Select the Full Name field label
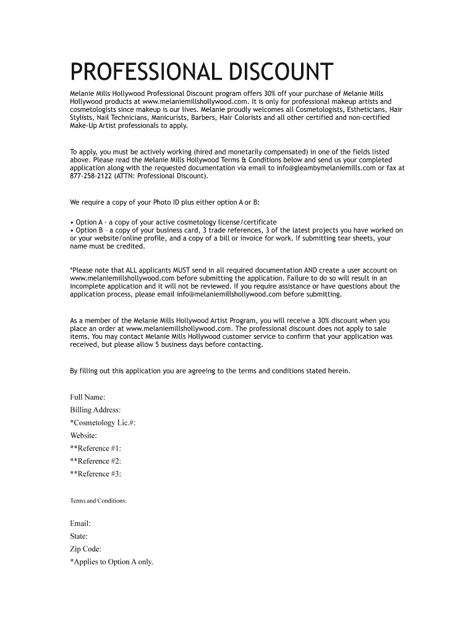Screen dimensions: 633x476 (x=88, y=397)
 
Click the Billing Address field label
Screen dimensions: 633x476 (x=95, y=410)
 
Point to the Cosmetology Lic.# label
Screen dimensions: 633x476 (x=103, y=423)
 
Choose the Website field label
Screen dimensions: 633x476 (x=83, y=435)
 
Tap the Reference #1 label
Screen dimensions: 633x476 (x=96, y=448)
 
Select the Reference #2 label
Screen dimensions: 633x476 (x=96, y=461)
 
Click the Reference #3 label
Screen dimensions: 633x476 (x=96, y=474)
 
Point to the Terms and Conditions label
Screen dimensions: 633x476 (x=98, y=501)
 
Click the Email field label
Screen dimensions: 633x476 (x=80, y=524)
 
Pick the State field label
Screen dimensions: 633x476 (x=79, y=537)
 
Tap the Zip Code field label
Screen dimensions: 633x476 (x=86, y=549)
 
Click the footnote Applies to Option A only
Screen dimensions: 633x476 (x=112, y=562)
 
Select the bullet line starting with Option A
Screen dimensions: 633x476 (x=173, y=222)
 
